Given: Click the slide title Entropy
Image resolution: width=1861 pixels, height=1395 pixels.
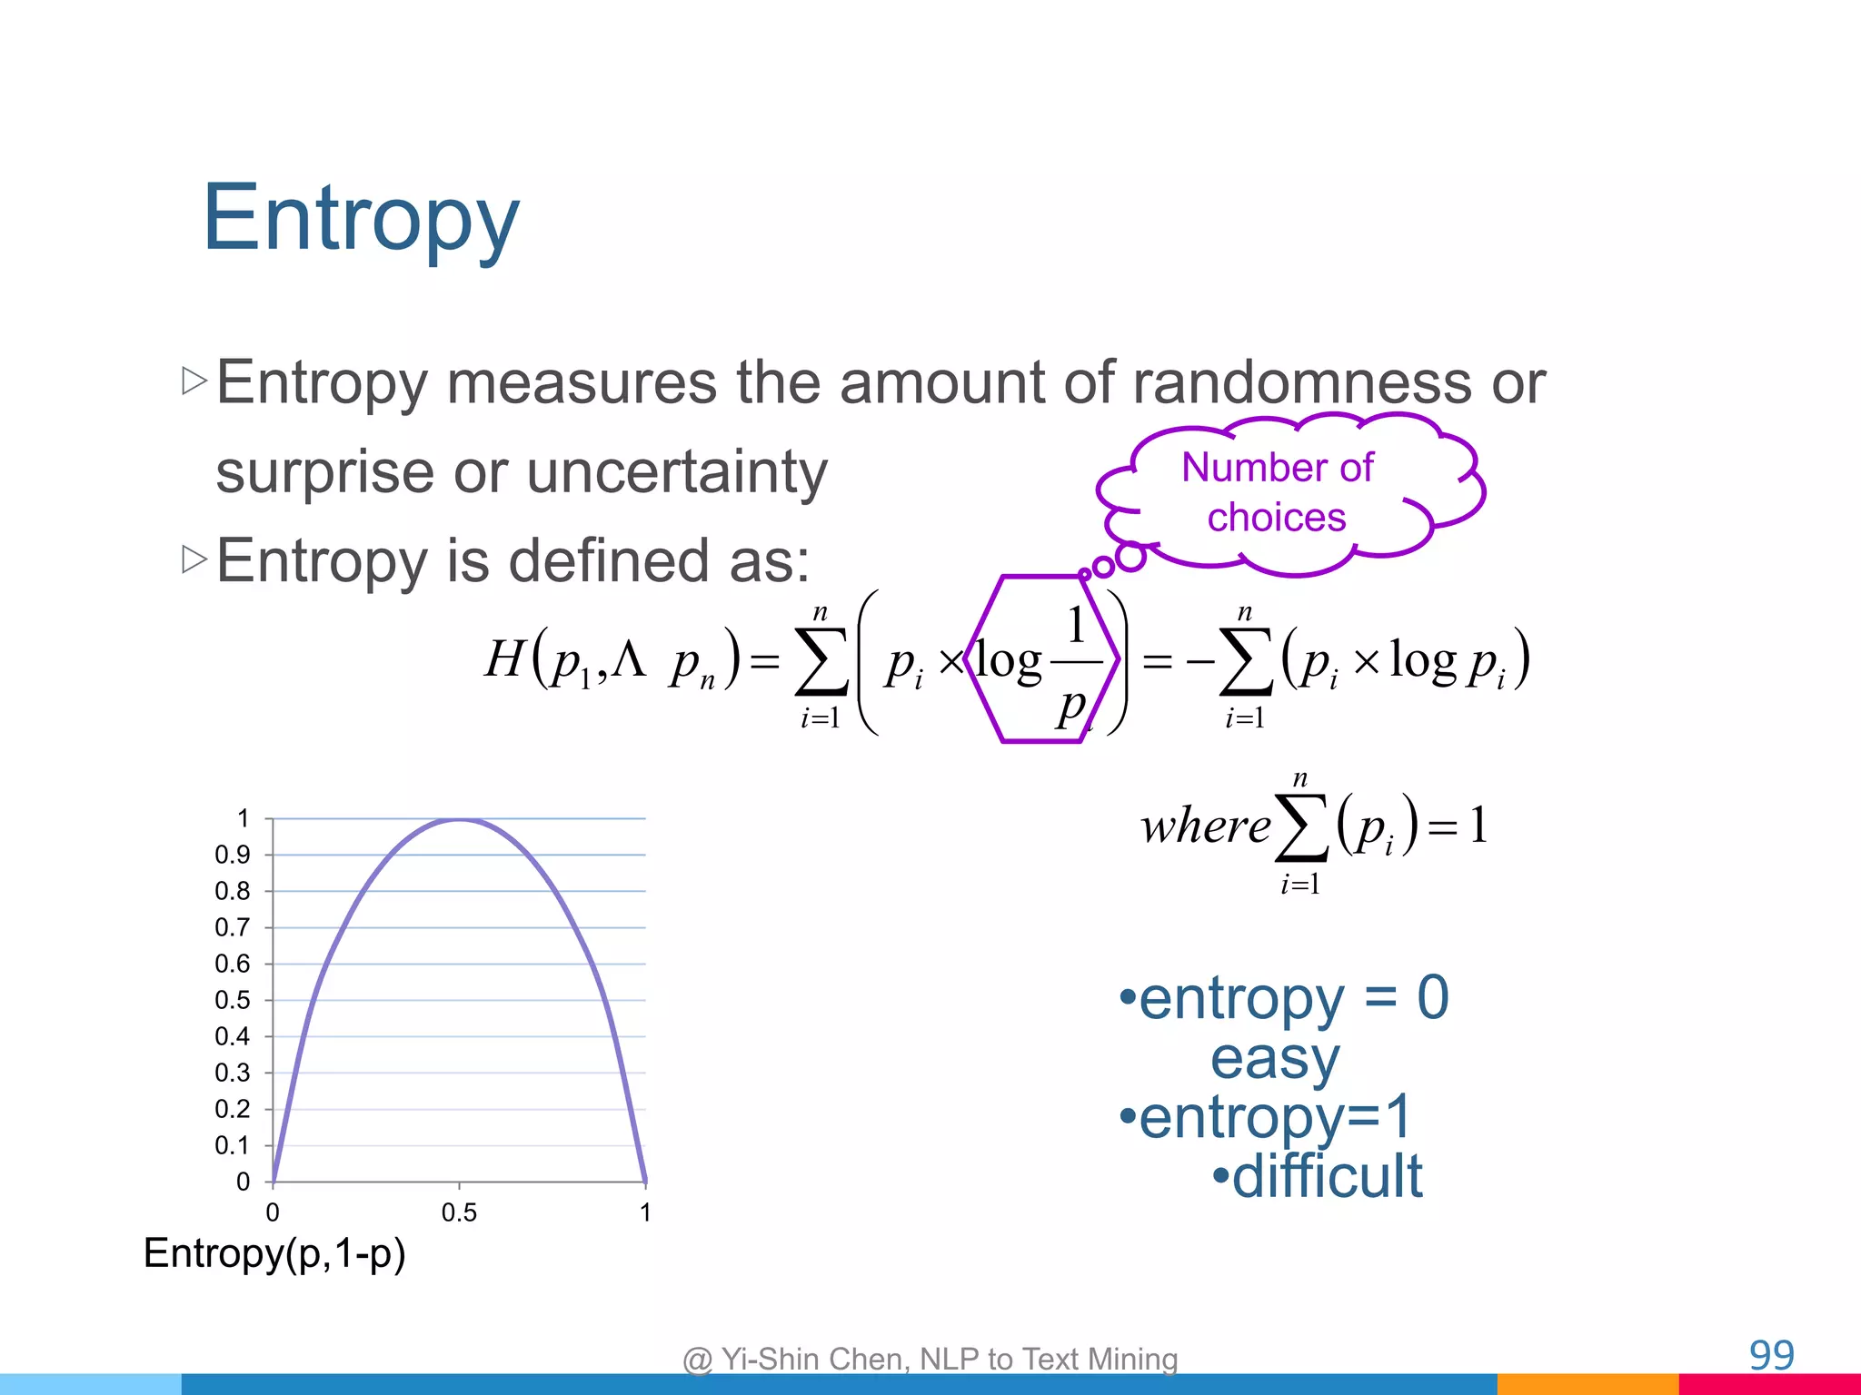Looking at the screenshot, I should tap(361, 218).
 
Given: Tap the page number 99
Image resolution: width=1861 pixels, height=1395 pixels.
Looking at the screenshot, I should tap(1771, 1355).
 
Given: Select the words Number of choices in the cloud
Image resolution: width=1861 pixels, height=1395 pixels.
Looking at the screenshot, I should tap(1277, 492).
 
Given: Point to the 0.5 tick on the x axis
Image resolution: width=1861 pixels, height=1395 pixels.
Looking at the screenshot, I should tap(459, 1212).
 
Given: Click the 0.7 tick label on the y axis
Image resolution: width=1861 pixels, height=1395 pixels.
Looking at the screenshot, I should tap(232, 927).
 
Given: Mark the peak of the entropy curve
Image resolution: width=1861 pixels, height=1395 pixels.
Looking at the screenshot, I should tap(460, 820).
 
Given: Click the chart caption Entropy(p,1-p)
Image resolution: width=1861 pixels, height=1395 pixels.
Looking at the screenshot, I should tap(274, 1253).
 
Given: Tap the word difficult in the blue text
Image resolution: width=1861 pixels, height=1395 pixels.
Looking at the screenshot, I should tap(1327, 1176).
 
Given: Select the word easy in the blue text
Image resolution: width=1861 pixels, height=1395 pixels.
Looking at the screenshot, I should tap(1275, 1058).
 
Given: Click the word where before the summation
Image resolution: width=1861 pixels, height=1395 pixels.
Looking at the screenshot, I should tap(1205, 826).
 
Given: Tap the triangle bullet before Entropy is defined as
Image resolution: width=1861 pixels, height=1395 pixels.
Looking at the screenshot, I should tap(194, 559).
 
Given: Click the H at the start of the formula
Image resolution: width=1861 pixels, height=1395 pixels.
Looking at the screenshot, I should tap(504, 658).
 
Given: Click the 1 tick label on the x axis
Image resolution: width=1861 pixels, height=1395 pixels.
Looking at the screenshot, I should tap(645, 1212).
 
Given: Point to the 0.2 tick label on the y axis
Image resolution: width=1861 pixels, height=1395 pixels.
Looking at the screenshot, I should tap(232, 1109).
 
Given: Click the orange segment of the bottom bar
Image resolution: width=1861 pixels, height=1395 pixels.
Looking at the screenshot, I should tap(1587, 1384).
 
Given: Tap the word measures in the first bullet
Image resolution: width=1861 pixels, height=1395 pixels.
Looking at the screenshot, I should tap(582, 382).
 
